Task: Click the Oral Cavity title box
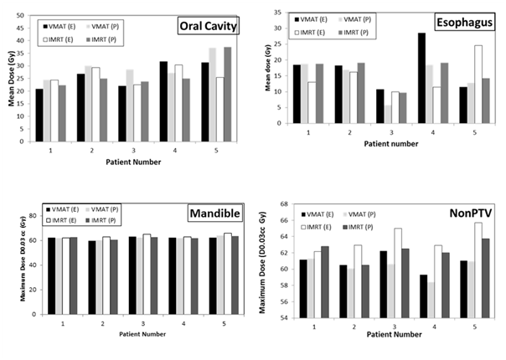click(x=208, y=26)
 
